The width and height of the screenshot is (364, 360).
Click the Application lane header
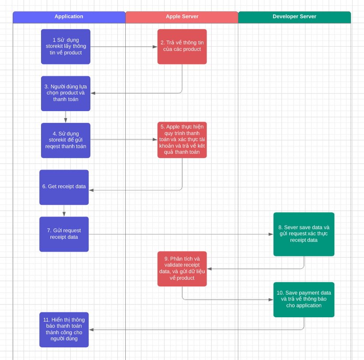point(69,17)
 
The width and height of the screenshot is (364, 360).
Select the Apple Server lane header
point(182,17)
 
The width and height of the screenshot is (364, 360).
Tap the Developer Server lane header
point(294,17)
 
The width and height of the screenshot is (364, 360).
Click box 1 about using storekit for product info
point(66,47)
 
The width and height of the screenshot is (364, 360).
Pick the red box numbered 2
point(182,47)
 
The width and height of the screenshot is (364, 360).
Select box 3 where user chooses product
point(66,93)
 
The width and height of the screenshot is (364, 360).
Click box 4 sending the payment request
point(66,140)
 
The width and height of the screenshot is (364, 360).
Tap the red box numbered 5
point(182,140)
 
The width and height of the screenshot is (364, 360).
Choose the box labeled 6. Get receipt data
point(64,187)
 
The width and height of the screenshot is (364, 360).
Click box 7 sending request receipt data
point(64,234)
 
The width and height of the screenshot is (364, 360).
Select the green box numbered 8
point(304,234)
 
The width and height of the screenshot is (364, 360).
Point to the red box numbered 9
point(182,269)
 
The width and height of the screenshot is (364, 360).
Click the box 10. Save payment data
point(304,300)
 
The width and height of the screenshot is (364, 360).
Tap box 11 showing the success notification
point(64,330)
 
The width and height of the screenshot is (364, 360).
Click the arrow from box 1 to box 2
point(124,47)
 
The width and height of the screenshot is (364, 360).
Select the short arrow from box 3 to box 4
point(66,117)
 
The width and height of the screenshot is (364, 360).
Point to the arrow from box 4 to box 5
point(124,140)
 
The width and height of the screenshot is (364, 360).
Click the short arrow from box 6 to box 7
point(64,211)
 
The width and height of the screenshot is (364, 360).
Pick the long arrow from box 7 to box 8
point(181,234)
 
